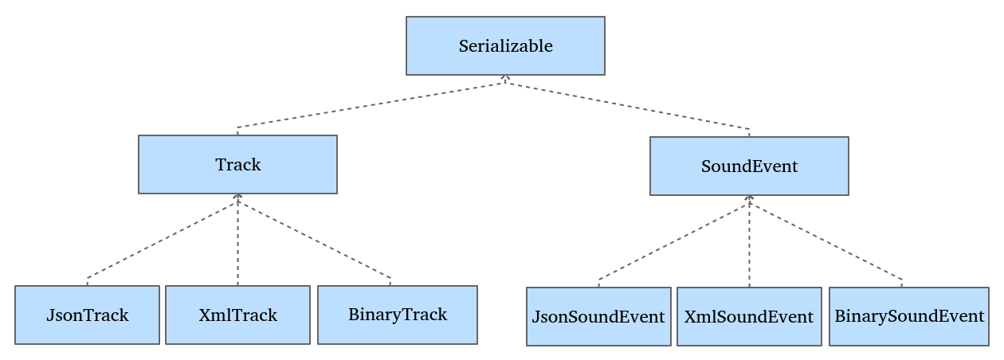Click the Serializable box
pos(505,45)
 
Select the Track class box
pos(237,164)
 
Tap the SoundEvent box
pos(749,166)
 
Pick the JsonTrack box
pos(87,315)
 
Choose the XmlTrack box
pos(237,315)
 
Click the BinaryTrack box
pos(398,315)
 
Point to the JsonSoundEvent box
pos(598,316)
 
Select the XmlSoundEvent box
pos(749,316)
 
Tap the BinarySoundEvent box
pos(909,316)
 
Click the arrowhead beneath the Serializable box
pos(505,78)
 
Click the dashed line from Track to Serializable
pos(371,105)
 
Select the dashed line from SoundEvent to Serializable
pos(628,106)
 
